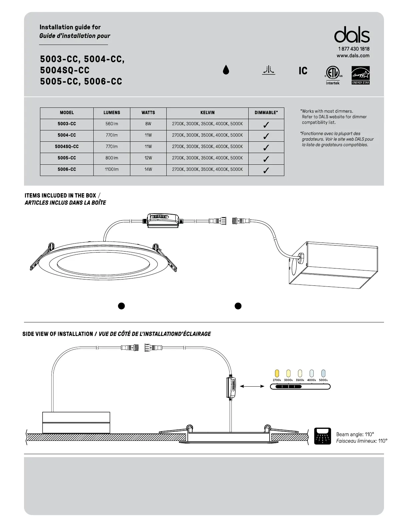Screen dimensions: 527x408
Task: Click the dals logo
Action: [352, 35]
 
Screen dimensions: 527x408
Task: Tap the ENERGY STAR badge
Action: [360, 75]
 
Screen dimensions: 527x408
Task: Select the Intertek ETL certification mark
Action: [333, 75]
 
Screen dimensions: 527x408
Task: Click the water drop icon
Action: [226, 70]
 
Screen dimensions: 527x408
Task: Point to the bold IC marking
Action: [303, 71]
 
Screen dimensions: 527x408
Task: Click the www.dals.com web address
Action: [353, 56]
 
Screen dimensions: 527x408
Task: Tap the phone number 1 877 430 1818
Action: [354, 49]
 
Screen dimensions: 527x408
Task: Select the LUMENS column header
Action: [112, 113]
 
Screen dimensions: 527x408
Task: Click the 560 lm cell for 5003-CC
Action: [112, 124]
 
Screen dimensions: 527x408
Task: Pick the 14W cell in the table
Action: [148, 169]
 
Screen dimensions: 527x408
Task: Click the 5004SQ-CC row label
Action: [67, 147]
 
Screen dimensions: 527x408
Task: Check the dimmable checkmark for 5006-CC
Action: [266, 170]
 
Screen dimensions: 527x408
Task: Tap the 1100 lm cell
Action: [112, 169]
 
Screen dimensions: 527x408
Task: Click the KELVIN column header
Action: [207, 113]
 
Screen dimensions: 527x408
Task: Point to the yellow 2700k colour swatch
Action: [277, 373]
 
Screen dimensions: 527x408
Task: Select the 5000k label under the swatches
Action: [323, 380]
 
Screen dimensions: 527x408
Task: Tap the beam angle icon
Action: [323, 436]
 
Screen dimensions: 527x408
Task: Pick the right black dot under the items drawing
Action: [238, 306]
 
